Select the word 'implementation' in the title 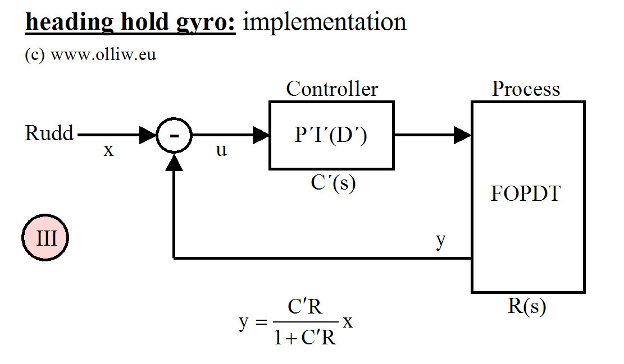click(325, 22)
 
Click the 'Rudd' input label click(49, 134)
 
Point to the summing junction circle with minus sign click(174, 135)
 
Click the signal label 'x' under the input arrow click(108, 150)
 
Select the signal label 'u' click(221, 150)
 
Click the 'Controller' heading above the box click(332, 89)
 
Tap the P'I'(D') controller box click(331, 135)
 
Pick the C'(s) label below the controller click(333, 183)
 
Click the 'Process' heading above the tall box click(526, 89)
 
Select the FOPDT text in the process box click(526, 193)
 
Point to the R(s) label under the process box click(526, 307)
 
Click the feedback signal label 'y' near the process click(441, 240)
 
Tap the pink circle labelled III click(46, 239)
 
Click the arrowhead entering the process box click(462, 135)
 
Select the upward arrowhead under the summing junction click(174, 162)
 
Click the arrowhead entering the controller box click(261, 135)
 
